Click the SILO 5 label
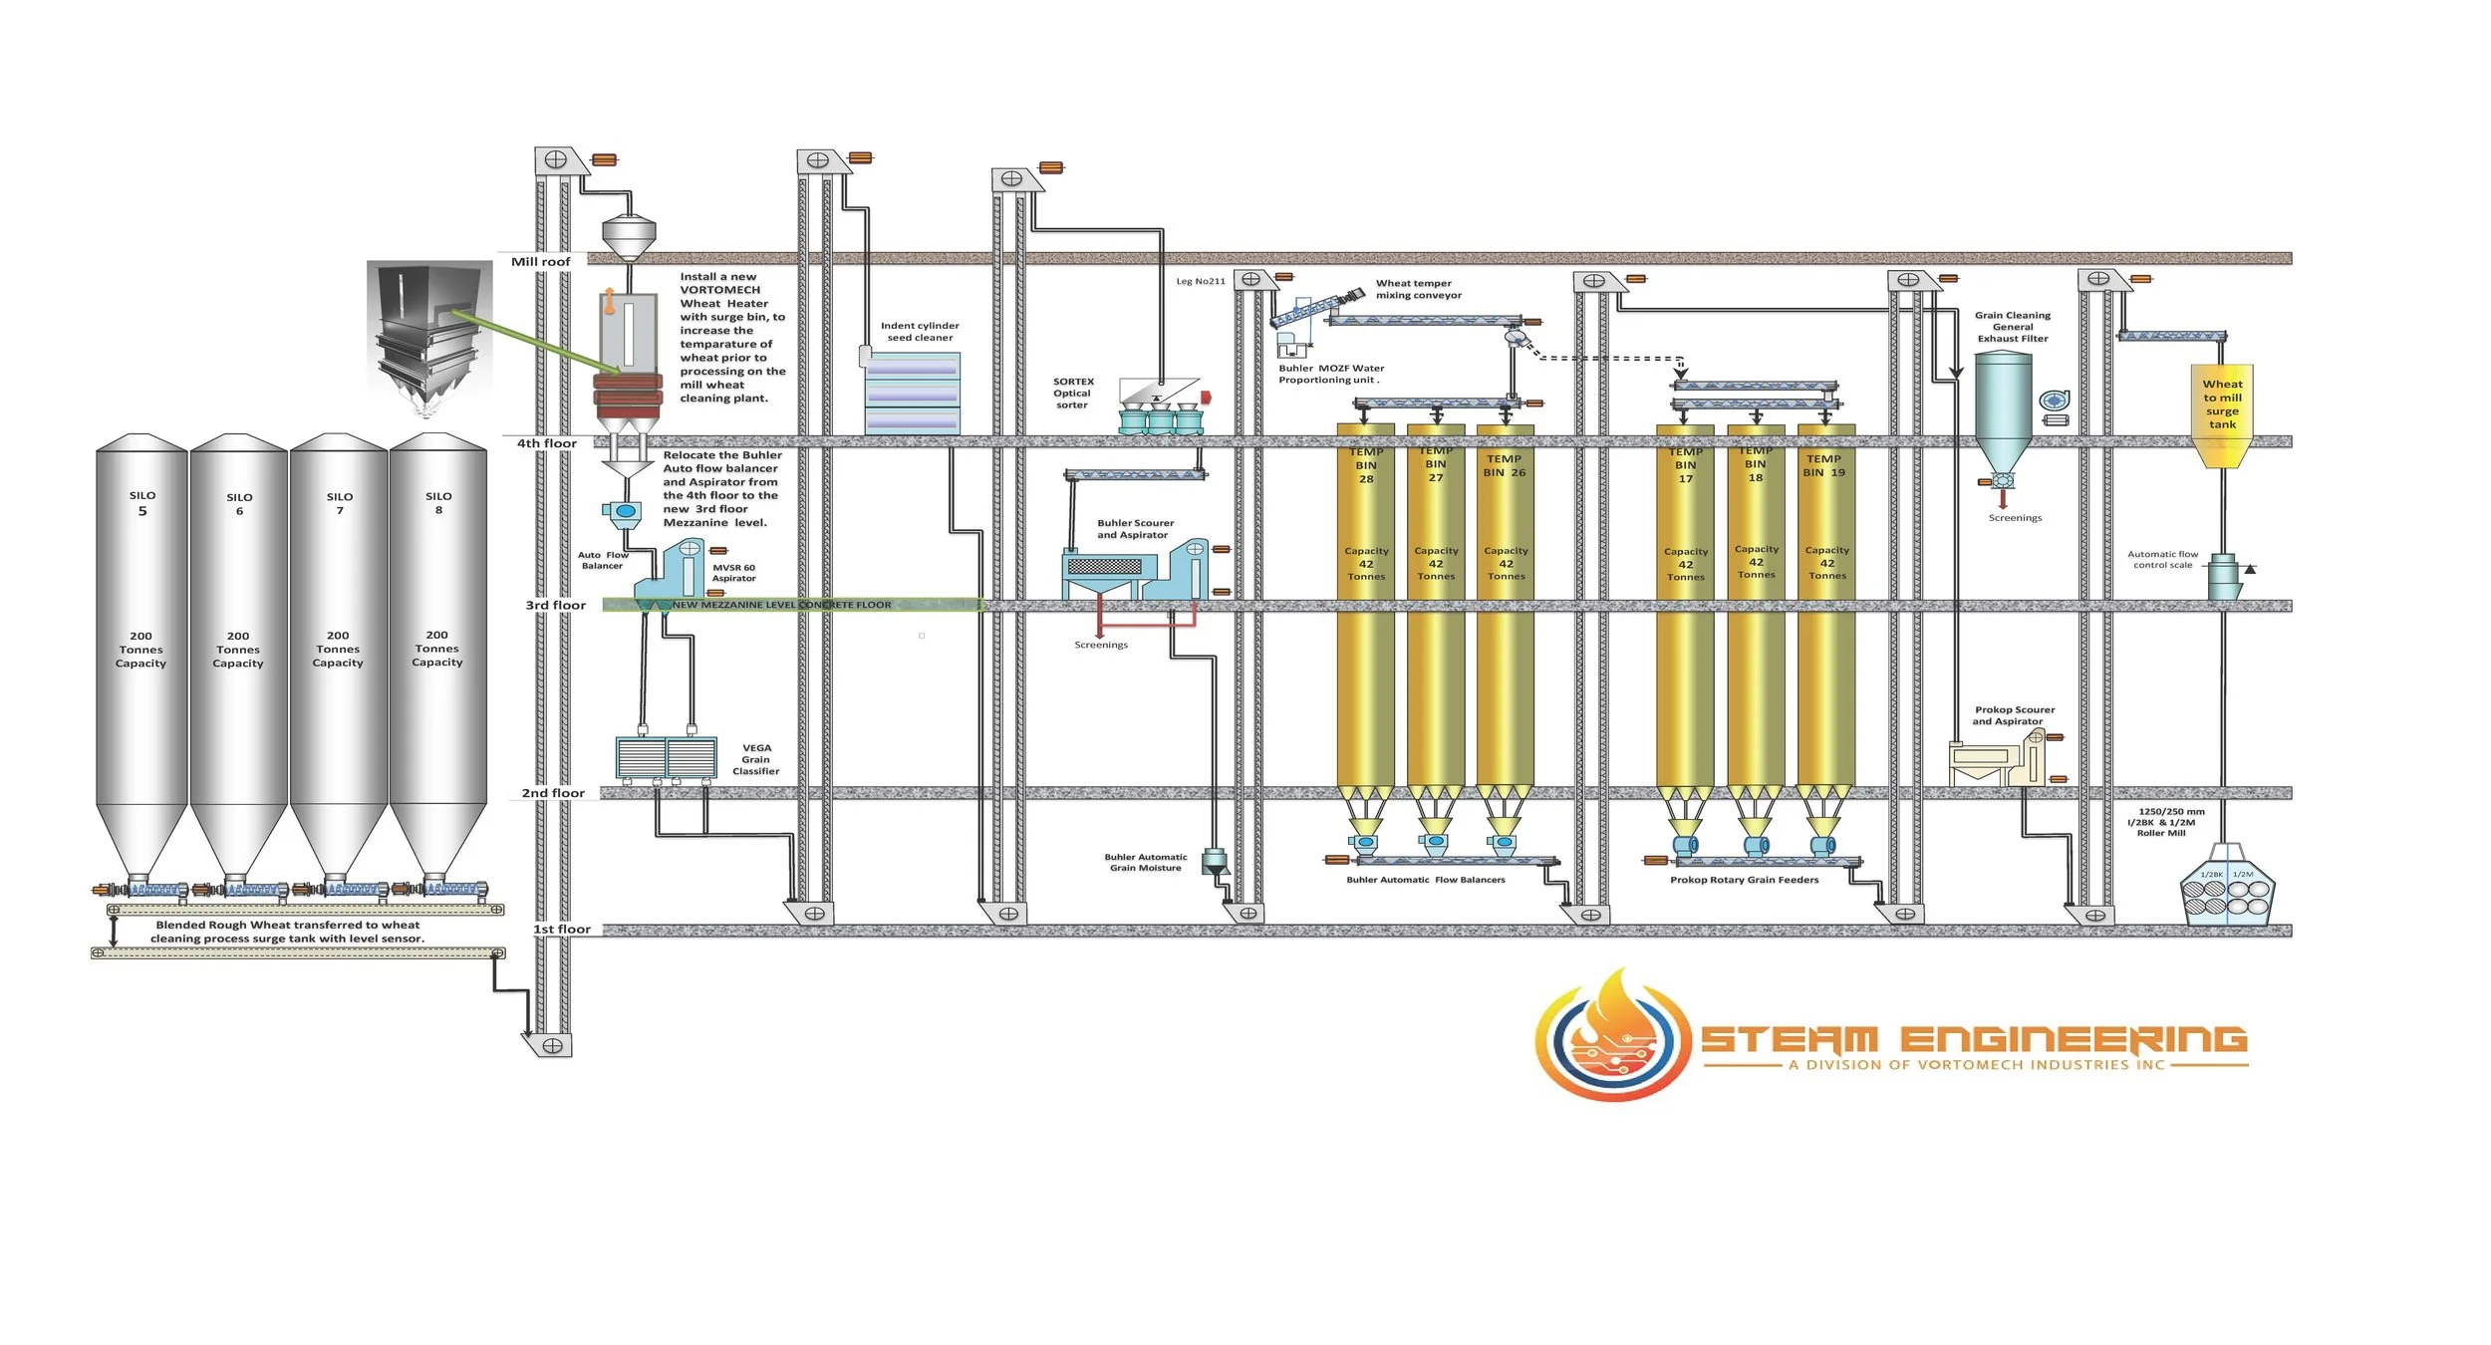[x=142, y=503]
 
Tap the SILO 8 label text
[x=438, y=503]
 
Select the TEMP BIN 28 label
[x=1366, y=465]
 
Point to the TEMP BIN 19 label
[x=1823, y=466]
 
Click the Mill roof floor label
[x=541, y=262]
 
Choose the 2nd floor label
[x=553, y=793]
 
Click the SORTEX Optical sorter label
[x=1073, y=394]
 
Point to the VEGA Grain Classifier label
[x=756, y=759]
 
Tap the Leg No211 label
[x=1201, y=281]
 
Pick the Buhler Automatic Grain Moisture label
[x=1146, y=863]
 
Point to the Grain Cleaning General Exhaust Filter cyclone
[x=2003, y=413]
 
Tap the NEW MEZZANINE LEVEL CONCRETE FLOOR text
[x=781, y=605]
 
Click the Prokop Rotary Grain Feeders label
[x=1744, y=880]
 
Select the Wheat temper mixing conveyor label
[x=1418, y=289]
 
